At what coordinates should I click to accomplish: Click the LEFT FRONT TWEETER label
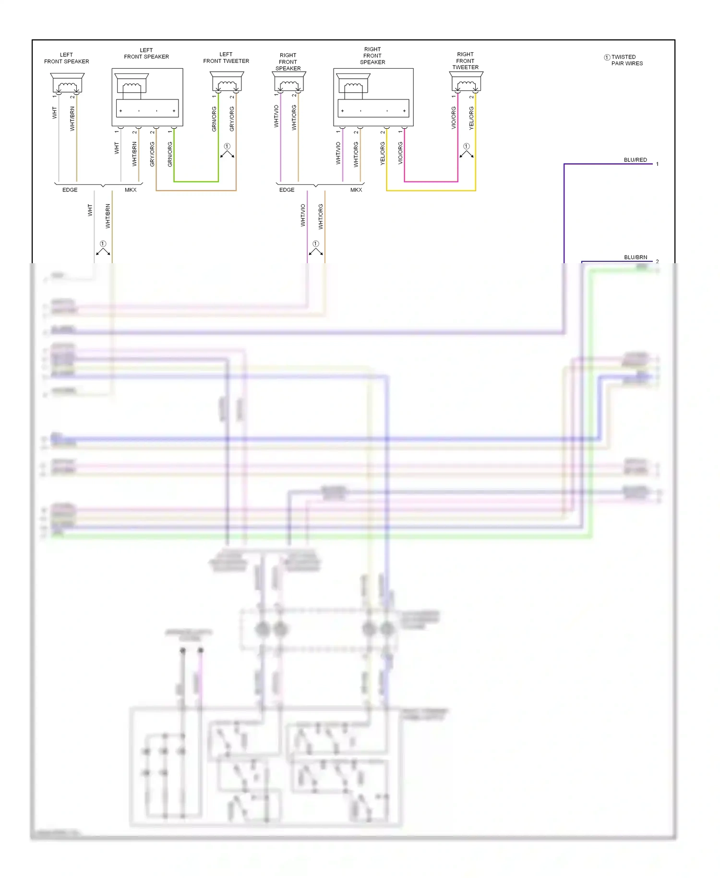pos(226,58)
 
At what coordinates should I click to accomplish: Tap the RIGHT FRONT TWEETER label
pos(465,61)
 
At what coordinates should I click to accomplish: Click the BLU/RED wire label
pos(635,160)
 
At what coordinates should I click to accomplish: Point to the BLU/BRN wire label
pos(635,257)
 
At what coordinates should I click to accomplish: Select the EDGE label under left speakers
pos(70,190)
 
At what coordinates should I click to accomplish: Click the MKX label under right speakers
pos(356,190)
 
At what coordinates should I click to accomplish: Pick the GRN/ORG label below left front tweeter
pos(214,119)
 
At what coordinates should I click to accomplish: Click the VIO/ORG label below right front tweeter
pos(453,118)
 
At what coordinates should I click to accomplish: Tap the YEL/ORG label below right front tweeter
pos(471,118)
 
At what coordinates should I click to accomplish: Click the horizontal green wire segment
pos(196,182)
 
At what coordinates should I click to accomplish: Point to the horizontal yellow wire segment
pos(431,191)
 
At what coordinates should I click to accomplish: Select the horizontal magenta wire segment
pos(431,182)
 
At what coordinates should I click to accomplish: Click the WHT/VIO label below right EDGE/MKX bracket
pos(303,215)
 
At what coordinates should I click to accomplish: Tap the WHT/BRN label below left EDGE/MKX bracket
pos(108,216)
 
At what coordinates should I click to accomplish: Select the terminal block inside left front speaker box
pos(147,109)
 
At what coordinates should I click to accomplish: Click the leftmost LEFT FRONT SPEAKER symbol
pos(67,83)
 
